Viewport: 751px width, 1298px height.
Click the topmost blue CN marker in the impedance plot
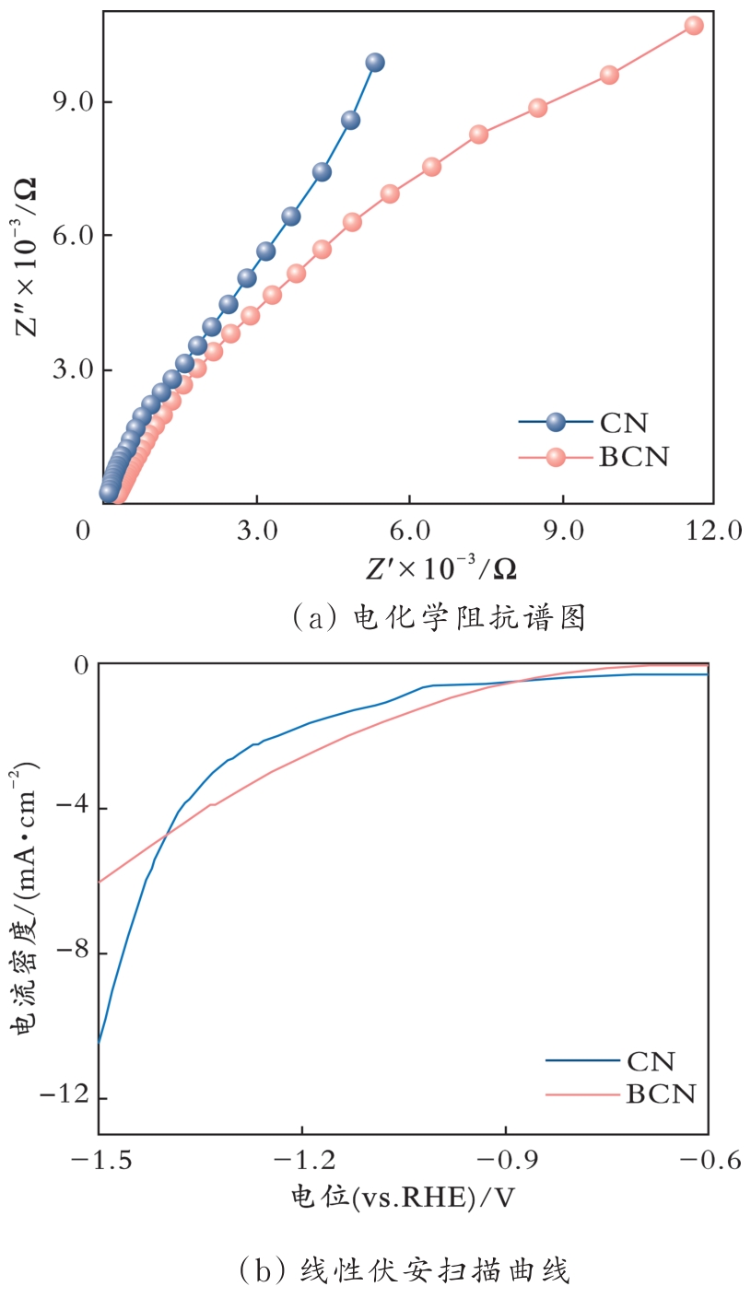pyautogui.click(x=374, y=63)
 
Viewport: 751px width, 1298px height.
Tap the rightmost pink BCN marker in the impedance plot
pyautogui.click(x=694, y=26)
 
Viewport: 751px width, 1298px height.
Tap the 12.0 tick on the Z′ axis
pyautogui.click(x=712, y=532)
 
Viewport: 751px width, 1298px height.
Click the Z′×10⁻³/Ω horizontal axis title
pyautogui.click(x=440, y=570)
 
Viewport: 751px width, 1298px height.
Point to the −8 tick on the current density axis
pyautogui.click(x=69, y=953)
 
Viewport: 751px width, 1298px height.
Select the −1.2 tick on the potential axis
pyautogui.click(x=301, y=1160)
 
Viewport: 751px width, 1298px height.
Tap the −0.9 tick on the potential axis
pyautogui.click(x=505, y=1160)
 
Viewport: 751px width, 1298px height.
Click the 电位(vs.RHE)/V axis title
pyautogui.click(x=402, y=1197)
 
